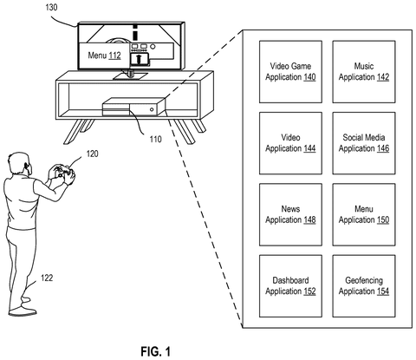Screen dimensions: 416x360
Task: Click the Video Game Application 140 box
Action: click(x=290, y=72)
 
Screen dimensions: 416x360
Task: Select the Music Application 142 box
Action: click(x=364, y=72)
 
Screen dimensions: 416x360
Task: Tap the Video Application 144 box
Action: click(x=290, y=143)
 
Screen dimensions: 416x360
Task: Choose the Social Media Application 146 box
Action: click(x=364, y=143)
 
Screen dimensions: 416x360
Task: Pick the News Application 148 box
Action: click(x=290, y=214)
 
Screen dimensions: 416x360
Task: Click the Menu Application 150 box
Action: click(x=364, y=214)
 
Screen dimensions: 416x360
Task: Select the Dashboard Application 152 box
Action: click(x=290, y=286)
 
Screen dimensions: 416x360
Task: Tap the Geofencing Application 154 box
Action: click(x=364, y=286)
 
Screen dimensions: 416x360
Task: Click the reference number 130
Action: click(x=51, y=7)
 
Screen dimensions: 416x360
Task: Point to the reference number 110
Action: click(x=155, y=140)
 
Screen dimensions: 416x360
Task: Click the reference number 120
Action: click(x=92, y=154)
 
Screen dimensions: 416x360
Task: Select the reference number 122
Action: click(x=47, y=278)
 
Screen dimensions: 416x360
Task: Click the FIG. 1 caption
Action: click(x=155, y=351)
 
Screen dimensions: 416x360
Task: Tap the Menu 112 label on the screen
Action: click(x=104, y=56)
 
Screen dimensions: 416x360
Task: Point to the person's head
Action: click(x=20, y=163)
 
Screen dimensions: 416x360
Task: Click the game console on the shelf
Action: click(x=133, y=107)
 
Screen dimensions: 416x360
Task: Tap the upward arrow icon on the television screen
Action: click(x=139, y=59)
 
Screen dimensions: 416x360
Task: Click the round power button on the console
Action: click(x=152, y=109)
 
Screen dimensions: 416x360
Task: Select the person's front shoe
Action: click(x=23, y=311)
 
